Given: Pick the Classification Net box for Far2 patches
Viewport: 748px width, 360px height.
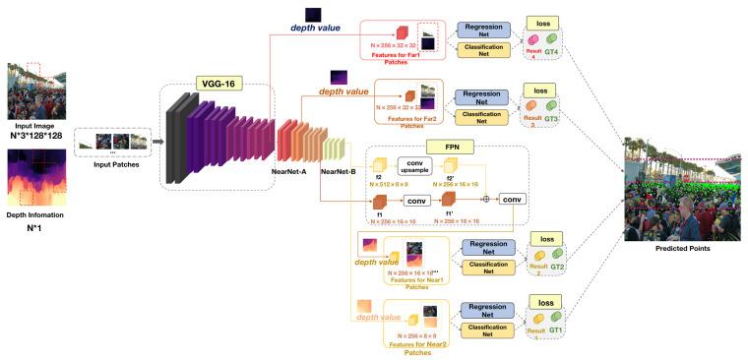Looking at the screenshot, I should coord(483,116).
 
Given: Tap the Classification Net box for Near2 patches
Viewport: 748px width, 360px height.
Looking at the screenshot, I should coord(488,326).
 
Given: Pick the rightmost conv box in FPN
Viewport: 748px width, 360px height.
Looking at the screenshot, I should coord(513,198).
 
